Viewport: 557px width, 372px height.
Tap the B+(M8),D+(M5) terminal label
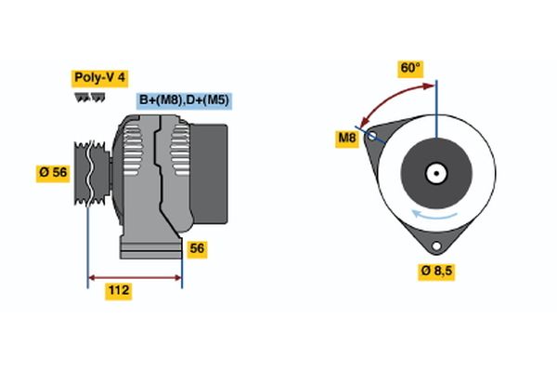point(183,100)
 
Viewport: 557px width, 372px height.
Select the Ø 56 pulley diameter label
point(52,173)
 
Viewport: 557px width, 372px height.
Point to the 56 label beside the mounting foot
point(197,248)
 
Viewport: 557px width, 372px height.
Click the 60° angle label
point(410,68)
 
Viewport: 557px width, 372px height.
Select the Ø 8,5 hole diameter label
point(436,271)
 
